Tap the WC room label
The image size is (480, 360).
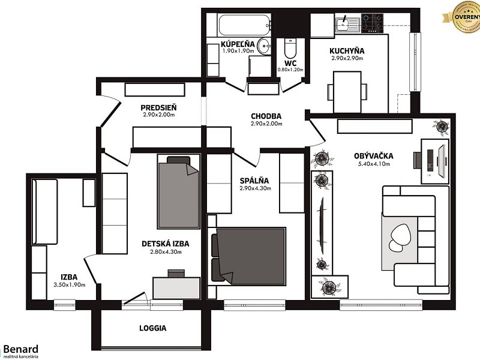[x=290, y=62]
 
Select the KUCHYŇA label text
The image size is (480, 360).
[x=347, y=51]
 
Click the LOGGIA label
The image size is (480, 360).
[x=152, y=328]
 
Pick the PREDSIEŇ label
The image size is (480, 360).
[x=158, y=107]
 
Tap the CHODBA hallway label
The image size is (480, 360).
[x=266, y=116]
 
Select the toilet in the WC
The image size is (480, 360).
[x=290, y=47]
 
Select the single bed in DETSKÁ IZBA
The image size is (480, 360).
[x=178, y=192]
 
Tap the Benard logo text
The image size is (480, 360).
[x=21, y=349]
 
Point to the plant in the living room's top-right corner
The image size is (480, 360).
[x=442, y=126]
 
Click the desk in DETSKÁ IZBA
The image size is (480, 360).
[x=176, y=287]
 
